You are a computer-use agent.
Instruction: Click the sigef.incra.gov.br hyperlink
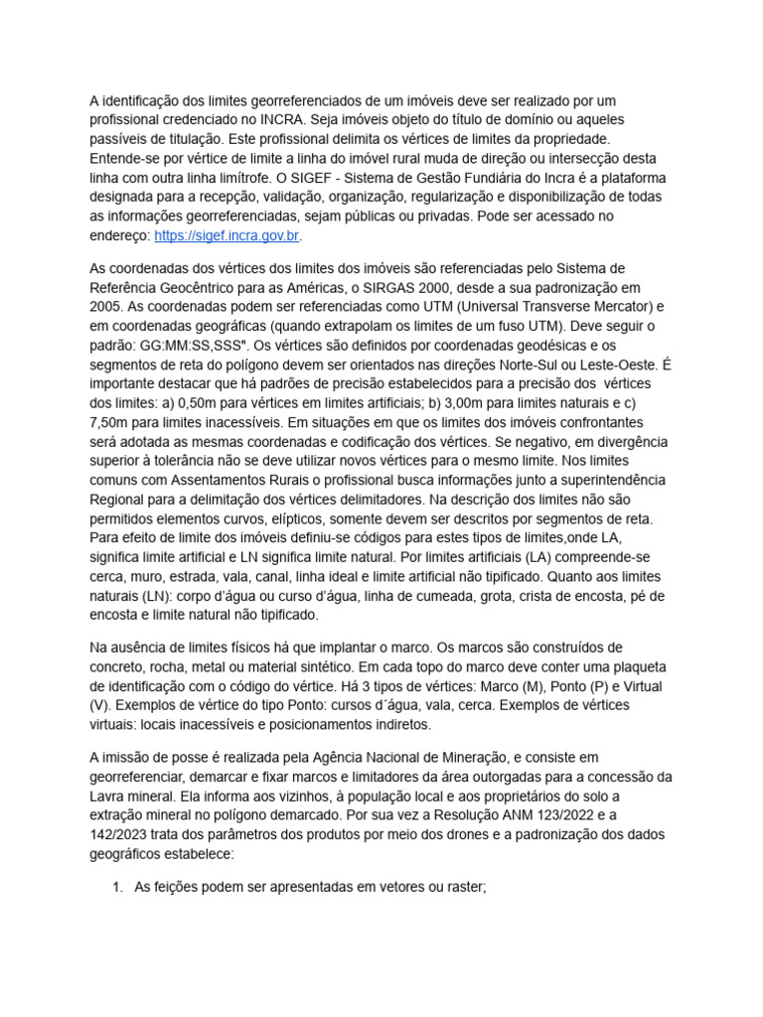pos(227,236)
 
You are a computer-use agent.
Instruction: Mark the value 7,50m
pos(113,421)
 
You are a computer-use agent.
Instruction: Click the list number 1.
pos(119,887)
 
